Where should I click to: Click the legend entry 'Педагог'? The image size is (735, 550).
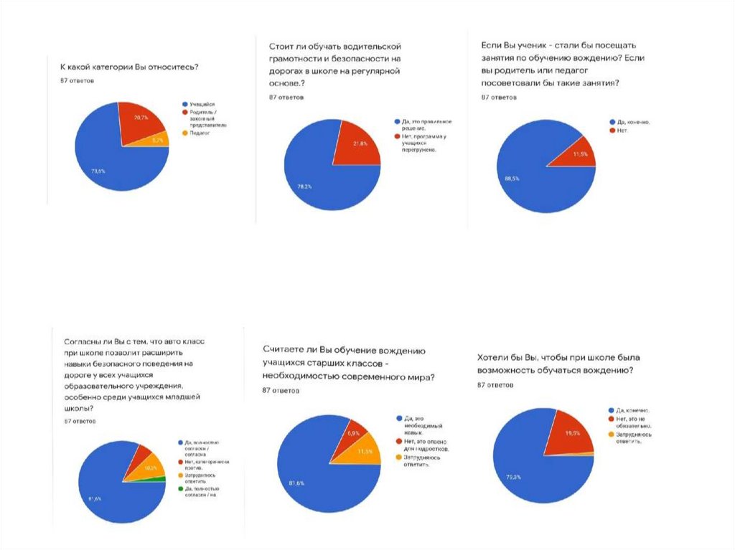(200, 133)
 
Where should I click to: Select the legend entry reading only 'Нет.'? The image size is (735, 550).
(619, 131)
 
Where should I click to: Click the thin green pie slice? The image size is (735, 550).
(161, 478)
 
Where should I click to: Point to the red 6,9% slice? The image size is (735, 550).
(352, 434)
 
